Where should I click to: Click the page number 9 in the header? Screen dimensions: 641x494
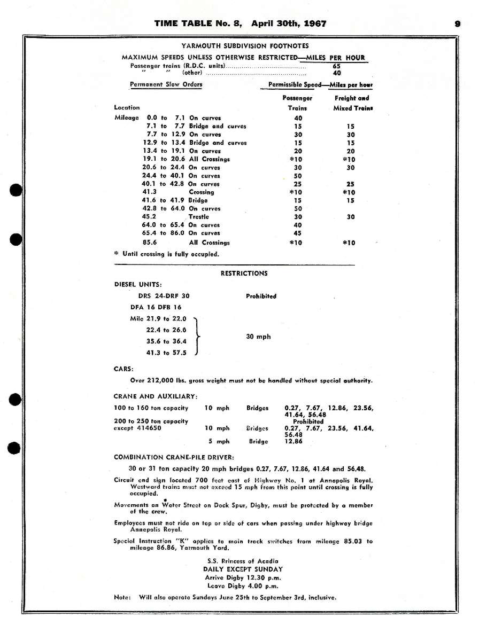458,24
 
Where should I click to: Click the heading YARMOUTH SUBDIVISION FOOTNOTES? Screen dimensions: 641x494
244,46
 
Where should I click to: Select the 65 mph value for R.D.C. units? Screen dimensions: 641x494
337,66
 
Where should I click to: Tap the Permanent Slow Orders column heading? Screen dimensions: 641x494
166,84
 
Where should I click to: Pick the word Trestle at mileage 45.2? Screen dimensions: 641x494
198,217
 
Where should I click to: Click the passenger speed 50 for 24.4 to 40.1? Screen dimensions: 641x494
298,176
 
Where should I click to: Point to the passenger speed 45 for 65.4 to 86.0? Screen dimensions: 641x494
298,233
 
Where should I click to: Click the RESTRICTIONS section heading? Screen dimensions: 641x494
244,273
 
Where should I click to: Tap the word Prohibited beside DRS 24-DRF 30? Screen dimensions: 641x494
261,296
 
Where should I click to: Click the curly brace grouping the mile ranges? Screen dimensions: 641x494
198,336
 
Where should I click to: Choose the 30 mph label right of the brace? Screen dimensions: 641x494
258,337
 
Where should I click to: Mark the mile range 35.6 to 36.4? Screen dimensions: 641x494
166,341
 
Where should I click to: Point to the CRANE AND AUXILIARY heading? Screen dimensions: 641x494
156,396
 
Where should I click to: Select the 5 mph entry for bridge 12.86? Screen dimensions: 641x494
219,442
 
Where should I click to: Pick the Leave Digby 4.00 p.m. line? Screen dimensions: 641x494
244,585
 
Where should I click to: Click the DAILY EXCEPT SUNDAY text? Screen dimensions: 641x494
244,569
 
